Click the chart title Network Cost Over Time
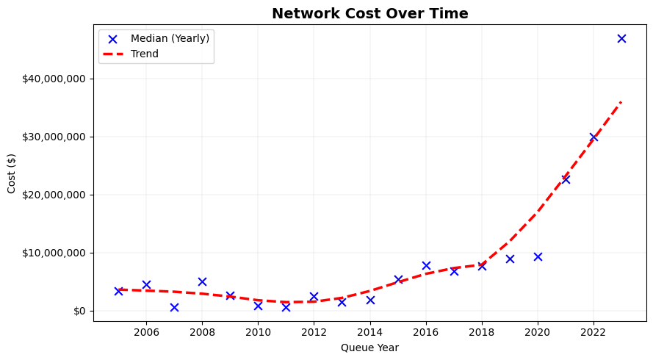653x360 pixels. coord(369,13)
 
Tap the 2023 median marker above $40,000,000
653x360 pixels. coord(621,38)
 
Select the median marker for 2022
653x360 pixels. coord(594,137)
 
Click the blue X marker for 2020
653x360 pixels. coord(538,256)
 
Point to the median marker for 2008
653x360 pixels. coord(202,281)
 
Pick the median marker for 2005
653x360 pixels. coord(118,291)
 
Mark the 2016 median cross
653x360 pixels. coord(426,265)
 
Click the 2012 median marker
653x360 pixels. coord(314,296)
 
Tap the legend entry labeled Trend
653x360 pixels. coord(144,54)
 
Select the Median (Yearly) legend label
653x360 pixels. coord(170,38)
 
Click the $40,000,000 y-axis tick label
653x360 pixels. coord(51,79)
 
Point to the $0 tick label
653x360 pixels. coord(79,311)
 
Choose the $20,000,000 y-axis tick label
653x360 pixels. coord(51,195)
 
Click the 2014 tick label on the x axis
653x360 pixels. coord(370,332)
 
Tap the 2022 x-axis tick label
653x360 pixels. coord(594,332)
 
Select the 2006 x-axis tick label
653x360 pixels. coord(146,332)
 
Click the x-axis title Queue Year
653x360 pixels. coord(369,348)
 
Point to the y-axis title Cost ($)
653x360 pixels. coord(12,173)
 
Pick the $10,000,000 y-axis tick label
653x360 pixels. coord(51,253)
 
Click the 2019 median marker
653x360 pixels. coord(510,259)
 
